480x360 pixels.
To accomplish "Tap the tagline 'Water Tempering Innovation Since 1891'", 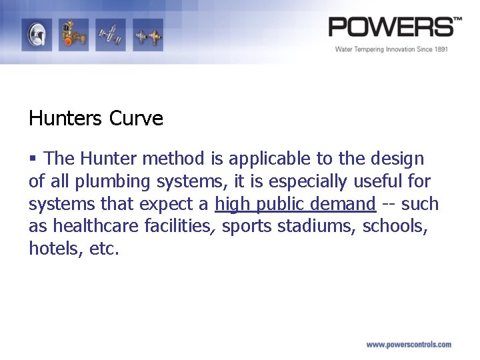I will point(391,49).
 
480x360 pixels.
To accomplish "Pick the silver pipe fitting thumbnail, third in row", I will point(109,34).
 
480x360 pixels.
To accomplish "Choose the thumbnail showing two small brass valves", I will point(147,34).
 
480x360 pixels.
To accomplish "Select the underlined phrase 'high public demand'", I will point(295,204).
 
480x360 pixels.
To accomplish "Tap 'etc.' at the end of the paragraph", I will point(103,249).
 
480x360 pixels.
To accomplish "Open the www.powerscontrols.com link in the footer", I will point(408,345).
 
